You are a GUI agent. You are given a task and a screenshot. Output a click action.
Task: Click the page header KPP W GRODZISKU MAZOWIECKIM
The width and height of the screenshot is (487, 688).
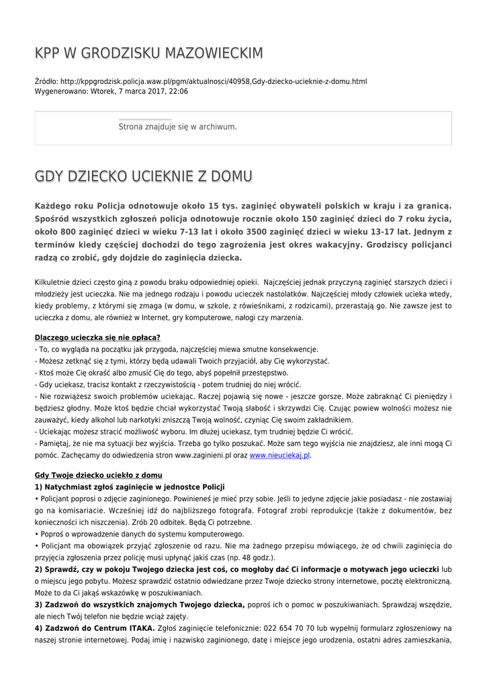(x=148, y=53)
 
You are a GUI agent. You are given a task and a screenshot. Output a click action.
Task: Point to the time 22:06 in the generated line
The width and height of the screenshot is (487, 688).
(x=178, y=91)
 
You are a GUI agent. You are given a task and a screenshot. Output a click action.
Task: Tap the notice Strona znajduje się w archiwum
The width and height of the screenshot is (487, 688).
(x=177, y=126)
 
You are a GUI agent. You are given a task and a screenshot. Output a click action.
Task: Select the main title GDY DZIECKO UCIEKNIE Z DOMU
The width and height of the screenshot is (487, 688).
(x=143, y=177)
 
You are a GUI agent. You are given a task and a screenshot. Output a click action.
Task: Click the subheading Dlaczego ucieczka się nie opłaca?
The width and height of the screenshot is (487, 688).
(x=97, y=337)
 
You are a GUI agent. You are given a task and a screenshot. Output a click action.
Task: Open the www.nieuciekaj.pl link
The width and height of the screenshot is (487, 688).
(x=280, y=456)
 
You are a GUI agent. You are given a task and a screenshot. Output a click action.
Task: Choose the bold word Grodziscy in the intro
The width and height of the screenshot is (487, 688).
(x=388, y=245)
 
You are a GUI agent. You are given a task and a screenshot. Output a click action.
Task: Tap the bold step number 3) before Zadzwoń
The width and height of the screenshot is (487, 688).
(x=39, y=605)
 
